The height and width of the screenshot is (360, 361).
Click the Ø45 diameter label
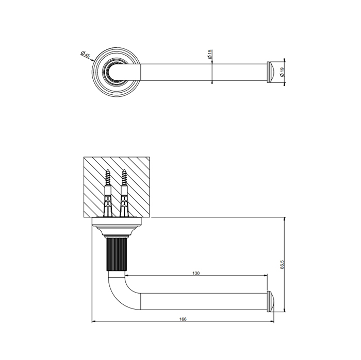(86, 55)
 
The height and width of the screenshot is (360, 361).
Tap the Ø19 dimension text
(282, 73)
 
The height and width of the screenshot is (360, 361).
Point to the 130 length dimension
(196, 273)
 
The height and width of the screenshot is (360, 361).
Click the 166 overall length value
(183, 319)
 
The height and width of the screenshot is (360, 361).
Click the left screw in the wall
(108, 179)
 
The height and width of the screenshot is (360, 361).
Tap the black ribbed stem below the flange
(115, 254)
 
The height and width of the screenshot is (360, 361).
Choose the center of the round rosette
(115, 73)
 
